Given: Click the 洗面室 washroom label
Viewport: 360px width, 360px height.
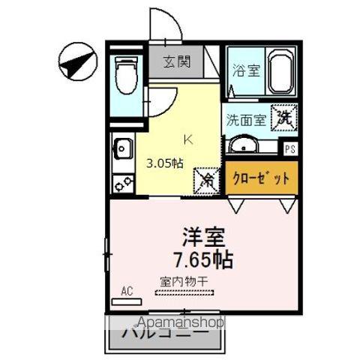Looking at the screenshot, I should pyautogui.click(x=245, y=118).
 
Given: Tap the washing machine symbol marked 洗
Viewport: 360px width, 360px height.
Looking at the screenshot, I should pyautogui.click(x=285, y=116).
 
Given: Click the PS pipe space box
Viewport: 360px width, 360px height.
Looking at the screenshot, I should pyautogui.click(x=289, y=148).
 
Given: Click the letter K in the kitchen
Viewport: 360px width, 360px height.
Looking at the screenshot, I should pyautogui.click(x=188, y=139).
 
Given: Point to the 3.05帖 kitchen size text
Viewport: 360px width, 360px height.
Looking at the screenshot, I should pyautogui.click(x=163, y=163).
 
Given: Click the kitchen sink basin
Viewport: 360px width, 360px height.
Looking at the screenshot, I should pyautogui.click(x=121, y=149).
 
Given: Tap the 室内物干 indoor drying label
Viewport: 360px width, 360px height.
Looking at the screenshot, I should pyautogui.click(x=184, y=283).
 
